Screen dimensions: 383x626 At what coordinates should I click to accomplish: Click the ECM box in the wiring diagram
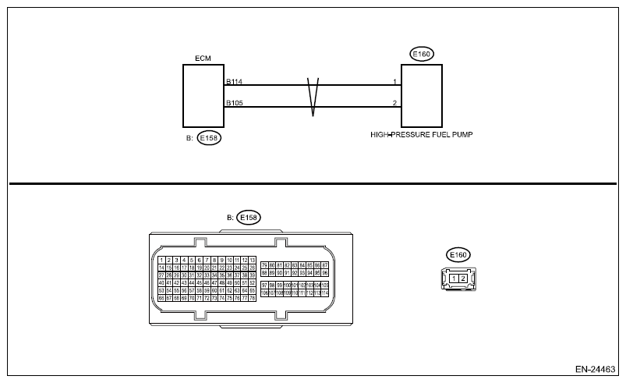(x=203, y=95)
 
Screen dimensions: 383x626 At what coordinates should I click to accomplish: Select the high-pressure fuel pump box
(x=421, y=95)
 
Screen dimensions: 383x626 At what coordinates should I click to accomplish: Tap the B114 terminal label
(x=234, y=81)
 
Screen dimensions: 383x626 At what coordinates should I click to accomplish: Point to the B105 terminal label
(x=234, y=102)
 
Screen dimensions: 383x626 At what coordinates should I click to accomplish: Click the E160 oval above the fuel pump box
(x=422, y=54)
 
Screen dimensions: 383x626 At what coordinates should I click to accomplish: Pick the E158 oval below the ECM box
(x=208, y=138)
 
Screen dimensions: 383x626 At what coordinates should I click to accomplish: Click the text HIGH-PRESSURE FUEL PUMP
(x=422, y=134)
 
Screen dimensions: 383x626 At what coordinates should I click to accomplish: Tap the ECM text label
(x=203, y=59)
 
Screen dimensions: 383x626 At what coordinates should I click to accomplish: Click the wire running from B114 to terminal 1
(x=351, y=85)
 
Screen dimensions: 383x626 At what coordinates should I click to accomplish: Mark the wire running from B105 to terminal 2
(x=351, y=106)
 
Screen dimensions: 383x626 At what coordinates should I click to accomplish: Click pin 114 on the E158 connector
(x=324, y=293)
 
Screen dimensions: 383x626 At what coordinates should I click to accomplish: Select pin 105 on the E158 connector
(x=324, y=285)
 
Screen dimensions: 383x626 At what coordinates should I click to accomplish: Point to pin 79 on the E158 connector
(x=264, y=265)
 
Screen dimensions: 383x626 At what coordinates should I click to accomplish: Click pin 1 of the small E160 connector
(x=454, y=278)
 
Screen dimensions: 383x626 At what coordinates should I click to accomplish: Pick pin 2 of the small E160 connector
(x=462, y=278)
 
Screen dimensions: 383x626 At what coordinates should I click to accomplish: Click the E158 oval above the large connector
(x=249, y=217)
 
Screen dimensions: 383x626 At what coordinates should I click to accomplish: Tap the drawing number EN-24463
(x=595, y=367)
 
